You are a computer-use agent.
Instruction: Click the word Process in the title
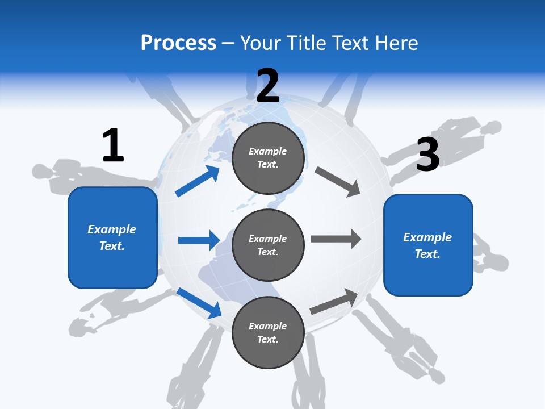click(178, 43)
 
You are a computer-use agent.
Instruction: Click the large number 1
click(113, 146)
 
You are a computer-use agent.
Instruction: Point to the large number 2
click(268, 86)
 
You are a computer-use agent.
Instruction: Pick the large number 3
click(428, 155)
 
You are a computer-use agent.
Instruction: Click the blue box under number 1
click(112, 237)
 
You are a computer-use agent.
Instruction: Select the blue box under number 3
click(428, 245)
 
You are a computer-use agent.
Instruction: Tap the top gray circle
click(268, 158)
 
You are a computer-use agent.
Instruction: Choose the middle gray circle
click(268, 245)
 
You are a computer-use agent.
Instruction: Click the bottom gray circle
click(268, 333)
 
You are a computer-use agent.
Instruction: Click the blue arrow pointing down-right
click(199, 303)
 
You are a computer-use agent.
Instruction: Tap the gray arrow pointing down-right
click(338, 182)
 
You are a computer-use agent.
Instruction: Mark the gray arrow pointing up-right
click(334, 301)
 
